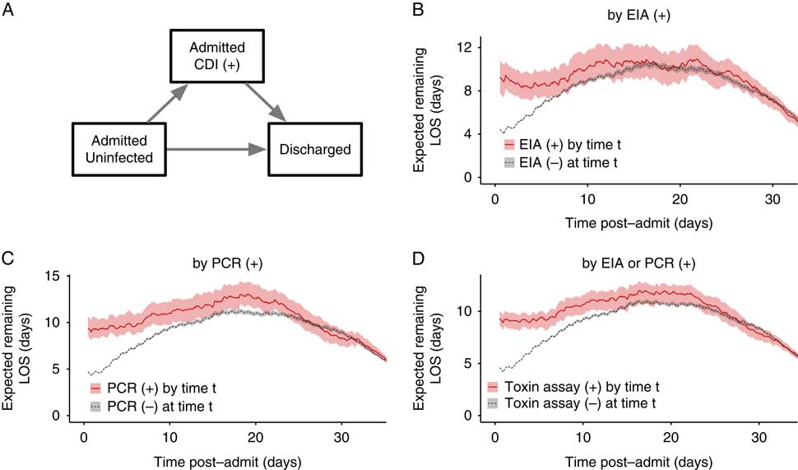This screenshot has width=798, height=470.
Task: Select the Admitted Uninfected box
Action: click(120, 149)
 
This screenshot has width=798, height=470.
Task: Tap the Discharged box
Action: click(313, 150)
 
